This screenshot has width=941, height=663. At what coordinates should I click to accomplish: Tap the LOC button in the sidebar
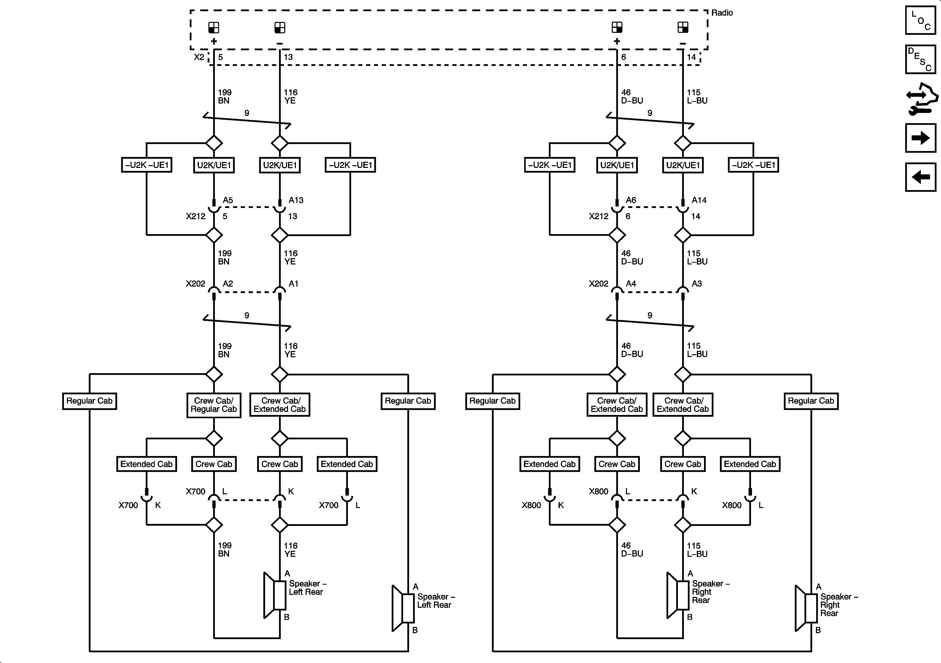point(920,20)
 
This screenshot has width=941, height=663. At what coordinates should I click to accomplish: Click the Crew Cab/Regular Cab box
point(214,405)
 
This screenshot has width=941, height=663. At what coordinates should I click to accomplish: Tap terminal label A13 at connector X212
point(296,200)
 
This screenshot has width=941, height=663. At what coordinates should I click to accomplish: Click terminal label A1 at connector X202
point(293,284)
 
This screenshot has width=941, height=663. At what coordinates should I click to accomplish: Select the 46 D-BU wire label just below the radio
point(632,96)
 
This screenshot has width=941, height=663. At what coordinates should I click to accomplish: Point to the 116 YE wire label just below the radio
point(290,96)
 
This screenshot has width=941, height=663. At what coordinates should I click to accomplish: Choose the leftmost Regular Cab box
point(89,401)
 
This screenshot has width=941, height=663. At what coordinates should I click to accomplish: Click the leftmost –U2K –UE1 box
point(147,165)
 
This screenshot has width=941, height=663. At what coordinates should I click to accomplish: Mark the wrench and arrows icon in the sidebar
point(921,99)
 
